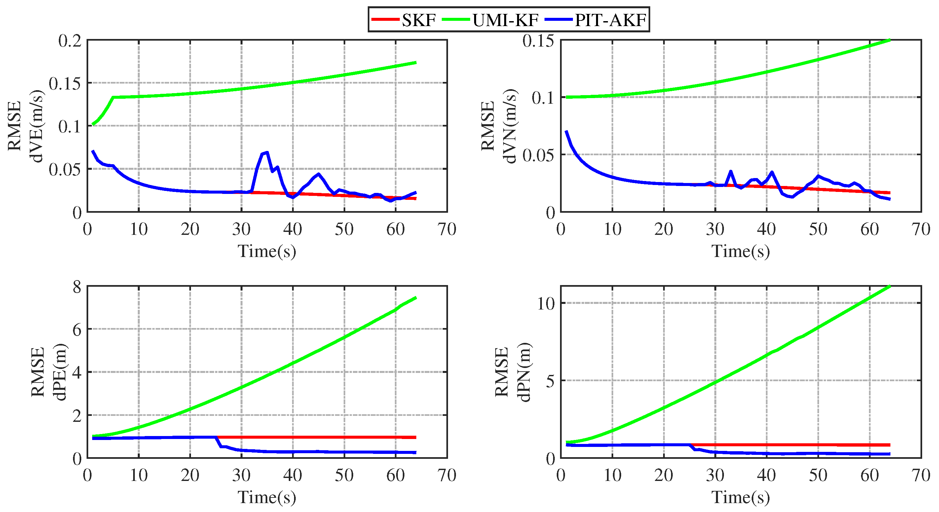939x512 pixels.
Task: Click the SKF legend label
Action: point(419,20)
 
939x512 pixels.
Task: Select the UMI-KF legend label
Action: point(506,20)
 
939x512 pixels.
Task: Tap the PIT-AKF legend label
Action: point(610,20)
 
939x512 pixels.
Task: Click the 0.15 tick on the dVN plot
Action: point(538,40)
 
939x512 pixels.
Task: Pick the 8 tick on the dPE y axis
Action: point(77,287)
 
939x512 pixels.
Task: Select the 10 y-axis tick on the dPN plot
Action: point(546,303)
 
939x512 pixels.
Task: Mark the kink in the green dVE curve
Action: point(113,97)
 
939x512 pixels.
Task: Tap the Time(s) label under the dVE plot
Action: point(267,251)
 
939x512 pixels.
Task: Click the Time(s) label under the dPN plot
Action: point(740,497)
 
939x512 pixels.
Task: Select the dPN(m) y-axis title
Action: point(525,372)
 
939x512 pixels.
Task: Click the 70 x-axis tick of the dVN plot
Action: point(921,229)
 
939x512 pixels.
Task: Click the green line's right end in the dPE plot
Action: point(416,298)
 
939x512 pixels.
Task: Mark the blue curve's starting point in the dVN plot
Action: point(566,131)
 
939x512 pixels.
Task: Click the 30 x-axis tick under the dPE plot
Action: point(241,475)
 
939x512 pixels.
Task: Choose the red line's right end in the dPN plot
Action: point(889,445)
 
